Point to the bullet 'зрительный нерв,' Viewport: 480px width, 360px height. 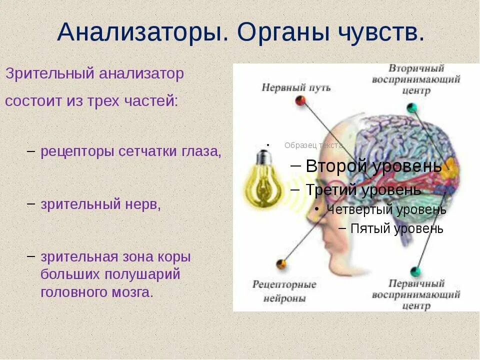100,204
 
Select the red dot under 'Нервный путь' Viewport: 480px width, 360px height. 300,100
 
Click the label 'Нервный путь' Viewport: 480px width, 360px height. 296,87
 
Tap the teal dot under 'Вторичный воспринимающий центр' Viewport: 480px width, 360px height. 411,107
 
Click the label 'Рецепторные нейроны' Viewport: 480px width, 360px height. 284,291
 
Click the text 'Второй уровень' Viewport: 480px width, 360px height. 373,166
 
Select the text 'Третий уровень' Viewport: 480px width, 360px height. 363,190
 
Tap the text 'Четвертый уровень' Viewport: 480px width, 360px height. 386,209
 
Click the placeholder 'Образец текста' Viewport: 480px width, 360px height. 313,145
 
